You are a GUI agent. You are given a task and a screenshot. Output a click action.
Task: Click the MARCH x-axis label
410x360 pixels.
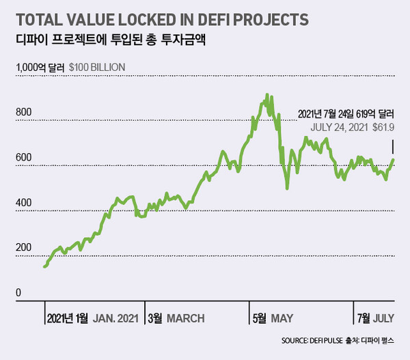pyautogui.click(x=185, y=318)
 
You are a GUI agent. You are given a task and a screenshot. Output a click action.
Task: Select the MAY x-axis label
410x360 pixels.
pyautogui.click(x=282, y=318)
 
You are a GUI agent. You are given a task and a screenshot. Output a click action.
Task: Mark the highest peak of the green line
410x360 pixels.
pyautogui.click(x=266, y=95)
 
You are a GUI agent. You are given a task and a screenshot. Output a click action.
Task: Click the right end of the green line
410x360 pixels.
pyautogui.click(x=393, y=160)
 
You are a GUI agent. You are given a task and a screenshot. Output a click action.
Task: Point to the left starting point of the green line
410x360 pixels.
pyautogui.click(x=44, y=266)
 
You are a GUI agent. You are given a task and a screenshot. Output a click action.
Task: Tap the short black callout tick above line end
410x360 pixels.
pyautogui.click(x=393, y=146)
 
